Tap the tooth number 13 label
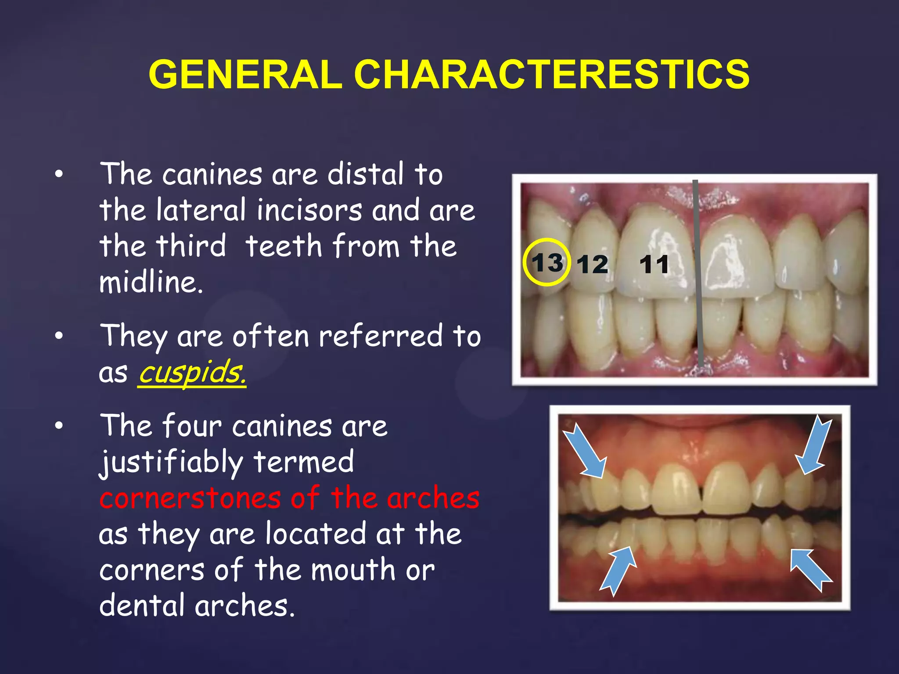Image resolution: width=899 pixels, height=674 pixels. pyautogui.click(x=547, y=263)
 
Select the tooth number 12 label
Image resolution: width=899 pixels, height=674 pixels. pyautogui.click(x=592, y=265)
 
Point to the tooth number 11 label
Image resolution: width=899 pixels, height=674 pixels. pyautogui.click(x=654, y=265)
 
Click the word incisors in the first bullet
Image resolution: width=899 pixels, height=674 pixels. pyautogui.click(x=309, y=210)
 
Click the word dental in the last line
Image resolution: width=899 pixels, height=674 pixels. pyautogui.click(x=142, y=606)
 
